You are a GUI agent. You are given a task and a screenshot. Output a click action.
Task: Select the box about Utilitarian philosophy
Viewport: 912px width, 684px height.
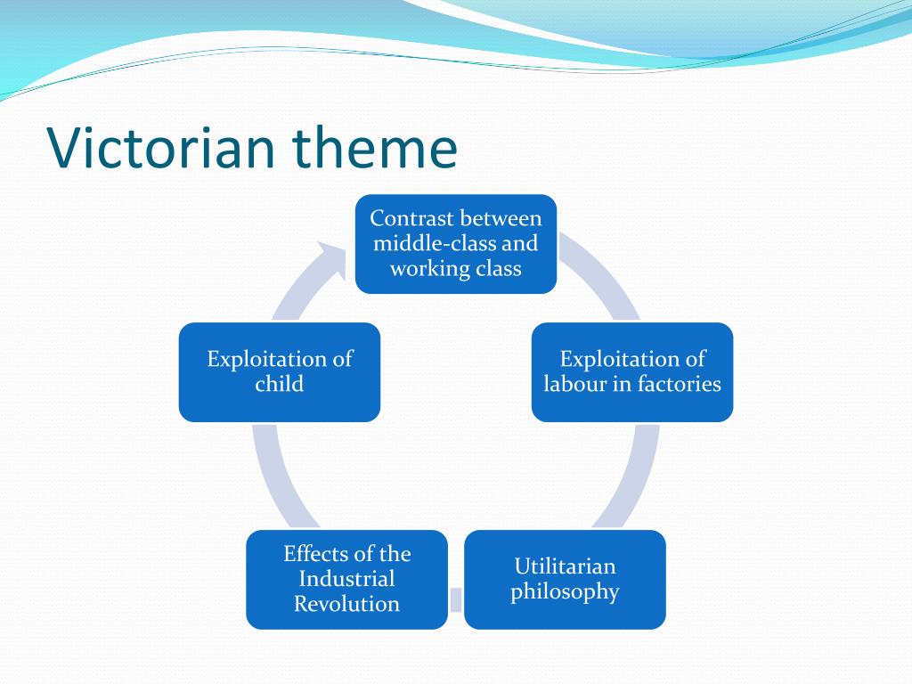(565, 579)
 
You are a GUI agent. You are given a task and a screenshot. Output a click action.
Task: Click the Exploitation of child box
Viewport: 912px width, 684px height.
(280, 371)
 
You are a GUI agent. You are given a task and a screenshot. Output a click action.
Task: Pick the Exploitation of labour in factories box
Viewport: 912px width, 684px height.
(632, 371)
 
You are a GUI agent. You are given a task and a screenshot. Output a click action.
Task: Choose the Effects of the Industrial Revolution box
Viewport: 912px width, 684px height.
(346, 579)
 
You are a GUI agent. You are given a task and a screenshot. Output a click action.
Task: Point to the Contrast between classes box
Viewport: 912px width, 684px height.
(456, 243)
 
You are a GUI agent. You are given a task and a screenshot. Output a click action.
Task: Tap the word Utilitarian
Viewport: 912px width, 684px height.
(565, 566)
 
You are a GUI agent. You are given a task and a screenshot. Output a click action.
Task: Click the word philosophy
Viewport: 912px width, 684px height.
(565, 592)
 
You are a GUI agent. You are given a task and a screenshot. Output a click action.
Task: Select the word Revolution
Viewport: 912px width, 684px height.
(346, 604)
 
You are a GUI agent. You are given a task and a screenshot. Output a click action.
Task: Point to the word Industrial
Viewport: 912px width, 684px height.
(346, 579)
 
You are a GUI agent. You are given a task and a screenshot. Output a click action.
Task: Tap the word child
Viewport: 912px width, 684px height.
(280, 384)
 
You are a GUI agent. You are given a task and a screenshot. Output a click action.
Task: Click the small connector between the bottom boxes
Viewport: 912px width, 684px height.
(456, 599)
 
